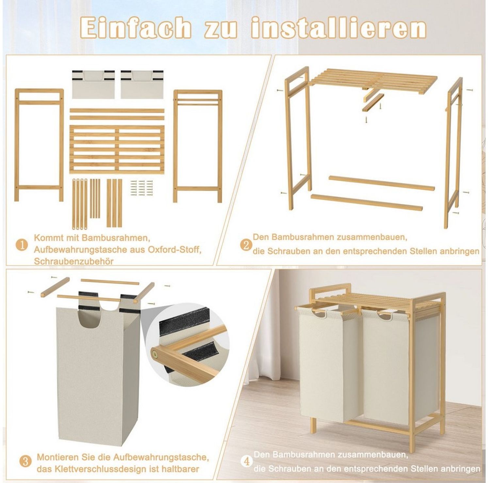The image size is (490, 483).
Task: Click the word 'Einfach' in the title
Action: [135, 28]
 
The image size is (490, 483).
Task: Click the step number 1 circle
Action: [22, 245]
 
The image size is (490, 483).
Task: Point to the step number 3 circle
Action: [26, 462]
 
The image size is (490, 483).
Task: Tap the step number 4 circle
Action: [247, 462]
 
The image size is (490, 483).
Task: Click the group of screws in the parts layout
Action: [141, 188]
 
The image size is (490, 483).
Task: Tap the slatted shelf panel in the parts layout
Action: [117, 148]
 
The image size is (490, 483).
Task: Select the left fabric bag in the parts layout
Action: [93, 84]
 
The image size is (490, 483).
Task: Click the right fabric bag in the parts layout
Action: [142, 84]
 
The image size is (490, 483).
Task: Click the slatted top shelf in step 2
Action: [369, 80]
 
